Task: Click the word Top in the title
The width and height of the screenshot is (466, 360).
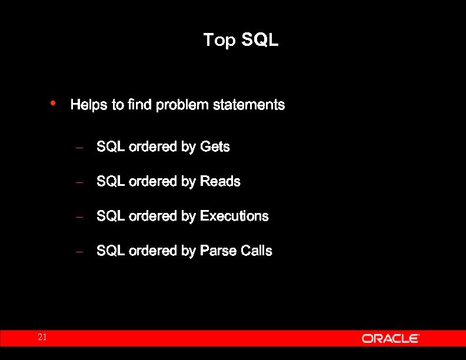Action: [x=219, y=41]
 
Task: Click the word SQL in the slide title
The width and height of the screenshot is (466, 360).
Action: [x=259, y=41]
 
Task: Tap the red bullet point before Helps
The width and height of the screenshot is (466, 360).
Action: [x=53, y=103]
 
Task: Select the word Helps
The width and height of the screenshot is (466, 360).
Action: [x=89, y=105]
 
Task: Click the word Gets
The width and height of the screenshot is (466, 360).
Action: [x=215, y=146]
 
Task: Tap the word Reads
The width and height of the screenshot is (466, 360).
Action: [x=220, y=181]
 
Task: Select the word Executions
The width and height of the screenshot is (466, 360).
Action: [x=234, y=216]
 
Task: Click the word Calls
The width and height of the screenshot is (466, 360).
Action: [x=257, y=251]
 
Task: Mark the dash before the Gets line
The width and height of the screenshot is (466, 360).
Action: [x=81, y=148]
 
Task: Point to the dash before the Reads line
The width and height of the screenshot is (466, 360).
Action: [x=81, y=182]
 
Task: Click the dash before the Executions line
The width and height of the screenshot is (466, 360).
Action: [x=81, y=217]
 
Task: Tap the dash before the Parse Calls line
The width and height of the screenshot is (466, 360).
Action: [x=81, y=252]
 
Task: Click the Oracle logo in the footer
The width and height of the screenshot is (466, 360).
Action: [x=390, y=338]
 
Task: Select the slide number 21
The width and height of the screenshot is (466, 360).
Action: [x=42, y=338]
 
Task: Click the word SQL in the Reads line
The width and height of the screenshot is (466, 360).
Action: [x=111, y=181]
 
